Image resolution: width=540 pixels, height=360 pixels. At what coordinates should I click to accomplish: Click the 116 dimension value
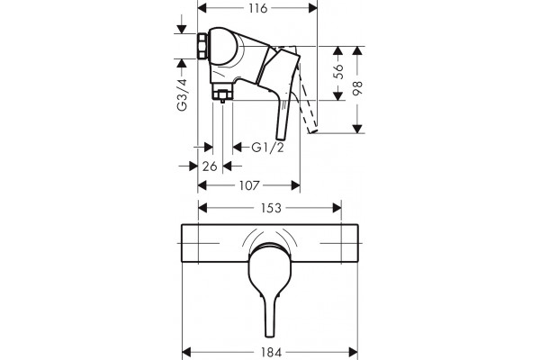click(258, 8)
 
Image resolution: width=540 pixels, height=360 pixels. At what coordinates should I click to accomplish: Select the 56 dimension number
click(339, 72)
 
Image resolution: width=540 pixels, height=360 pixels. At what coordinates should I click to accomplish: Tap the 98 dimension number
click(358, 88)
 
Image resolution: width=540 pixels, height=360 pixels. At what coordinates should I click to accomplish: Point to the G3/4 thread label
click(182, 94)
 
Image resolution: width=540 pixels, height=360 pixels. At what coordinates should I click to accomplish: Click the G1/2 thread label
click(268, 148)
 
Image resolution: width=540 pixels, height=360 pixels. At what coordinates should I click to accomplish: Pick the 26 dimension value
click(210, 166)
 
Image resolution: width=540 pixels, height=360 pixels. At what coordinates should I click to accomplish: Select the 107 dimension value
click(249, 185)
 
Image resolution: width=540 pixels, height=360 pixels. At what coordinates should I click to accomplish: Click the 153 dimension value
click(271, 208)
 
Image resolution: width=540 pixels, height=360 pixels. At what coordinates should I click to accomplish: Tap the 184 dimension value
click(272, 353)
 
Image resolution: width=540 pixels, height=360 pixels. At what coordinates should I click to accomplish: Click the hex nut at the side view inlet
click(202, 46)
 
